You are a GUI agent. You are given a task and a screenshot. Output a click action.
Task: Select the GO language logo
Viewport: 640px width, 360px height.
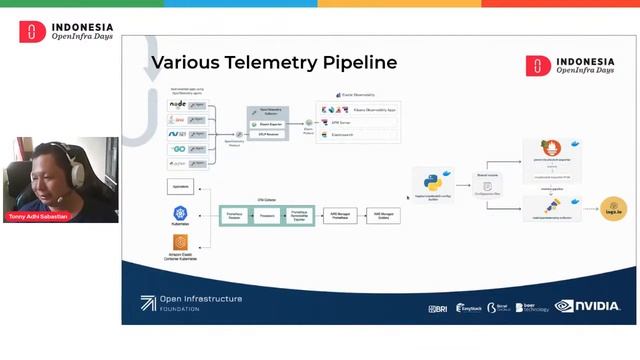click(x=177, y=147)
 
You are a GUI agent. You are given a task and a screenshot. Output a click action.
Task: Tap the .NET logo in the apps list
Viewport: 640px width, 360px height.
click(x=177, y=133)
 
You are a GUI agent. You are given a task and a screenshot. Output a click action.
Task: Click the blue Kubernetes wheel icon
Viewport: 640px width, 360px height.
click(x=181, y=214)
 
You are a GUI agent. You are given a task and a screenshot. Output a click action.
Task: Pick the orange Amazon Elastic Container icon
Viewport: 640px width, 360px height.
click(x=181, y=243)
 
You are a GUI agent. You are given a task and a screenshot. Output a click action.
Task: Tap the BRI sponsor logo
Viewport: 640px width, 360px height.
click(x=437, y=308)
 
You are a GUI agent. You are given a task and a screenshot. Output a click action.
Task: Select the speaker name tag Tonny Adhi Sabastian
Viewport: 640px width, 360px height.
click(x=41, y=216)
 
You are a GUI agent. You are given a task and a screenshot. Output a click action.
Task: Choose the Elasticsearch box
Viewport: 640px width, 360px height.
click(x=357, y=134)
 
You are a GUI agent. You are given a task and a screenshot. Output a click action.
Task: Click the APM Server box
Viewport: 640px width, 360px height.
click(x=357, y=122)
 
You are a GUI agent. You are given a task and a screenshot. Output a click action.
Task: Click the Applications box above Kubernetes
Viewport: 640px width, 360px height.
click(x=181, y=187)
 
